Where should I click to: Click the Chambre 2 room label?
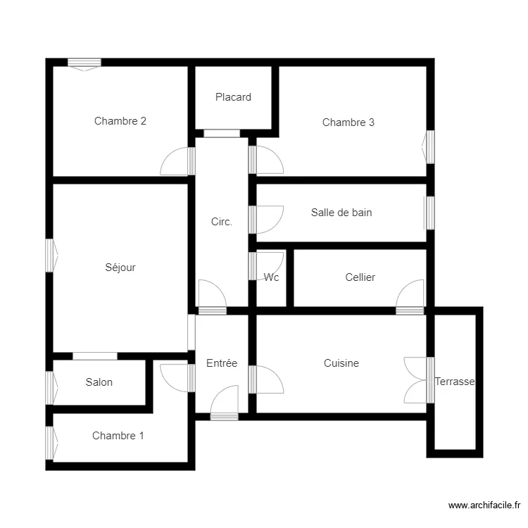120,121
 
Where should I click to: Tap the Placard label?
233,97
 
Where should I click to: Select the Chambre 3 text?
348,122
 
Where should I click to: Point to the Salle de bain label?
341,213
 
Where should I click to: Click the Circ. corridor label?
222,222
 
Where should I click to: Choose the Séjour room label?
120,268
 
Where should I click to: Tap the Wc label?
272,277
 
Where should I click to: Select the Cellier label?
360,277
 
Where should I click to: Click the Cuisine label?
341,363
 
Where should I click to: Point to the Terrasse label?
455,382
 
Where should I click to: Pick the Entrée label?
222,363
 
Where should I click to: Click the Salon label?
99,382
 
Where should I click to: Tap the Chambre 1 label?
118,436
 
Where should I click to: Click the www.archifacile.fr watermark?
484,505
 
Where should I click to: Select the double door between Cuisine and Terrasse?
418,380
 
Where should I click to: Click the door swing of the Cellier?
410,294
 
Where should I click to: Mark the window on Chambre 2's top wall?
84,63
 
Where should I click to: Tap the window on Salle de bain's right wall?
429,213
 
